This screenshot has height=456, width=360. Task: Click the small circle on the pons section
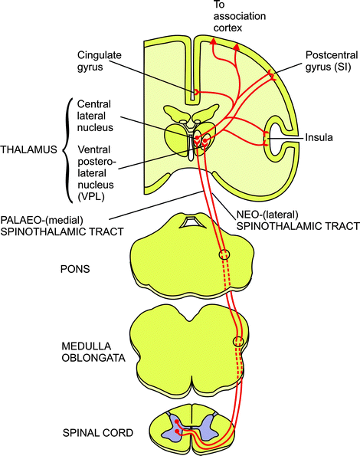tap(223, 254)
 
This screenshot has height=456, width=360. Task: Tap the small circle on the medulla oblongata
tap(238, 342)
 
